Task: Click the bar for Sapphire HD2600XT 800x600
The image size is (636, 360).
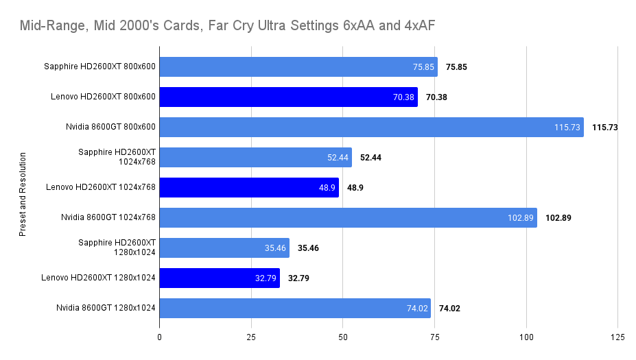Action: (x=298, y=67)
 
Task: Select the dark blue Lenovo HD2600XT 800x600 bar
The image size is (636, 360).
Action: (x=288, y=97)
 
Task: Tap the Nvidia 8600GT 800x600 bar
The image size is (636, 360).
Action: (x=371, y=127)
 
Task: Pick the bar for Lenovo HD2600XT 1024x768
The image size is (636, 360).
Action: (x=249, y=187)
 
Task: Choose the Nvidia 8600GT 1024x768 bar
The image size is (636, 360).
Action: (x=348, y=217)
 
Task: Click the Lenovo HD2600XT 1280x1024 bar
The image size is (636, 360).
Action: (x=220, y=278)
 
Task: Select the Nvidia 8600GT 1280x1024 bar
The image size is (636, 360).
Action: (x=295, y=308)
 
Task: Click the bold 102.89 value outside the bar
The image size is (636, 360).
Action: (x=558, y=218)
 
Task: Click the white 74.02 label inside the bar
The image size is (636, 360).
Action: (x=417, y=309)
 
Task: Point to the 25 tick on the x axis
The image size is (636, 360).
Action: (x=251, y=337)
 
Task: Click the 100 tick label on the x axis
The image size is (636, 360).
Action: (x=526, y=337)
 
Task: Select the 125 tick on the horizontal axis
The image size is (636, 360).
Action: (x=617, y=337)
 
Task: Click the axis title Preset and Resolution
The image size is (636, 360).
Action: (x=23, y=194)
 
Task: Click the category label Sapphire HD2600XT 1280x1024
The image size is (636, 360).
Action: (x=117, y=248)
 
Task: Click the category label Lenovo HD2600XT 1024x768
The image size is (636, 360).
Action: (x=101, y=187)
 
